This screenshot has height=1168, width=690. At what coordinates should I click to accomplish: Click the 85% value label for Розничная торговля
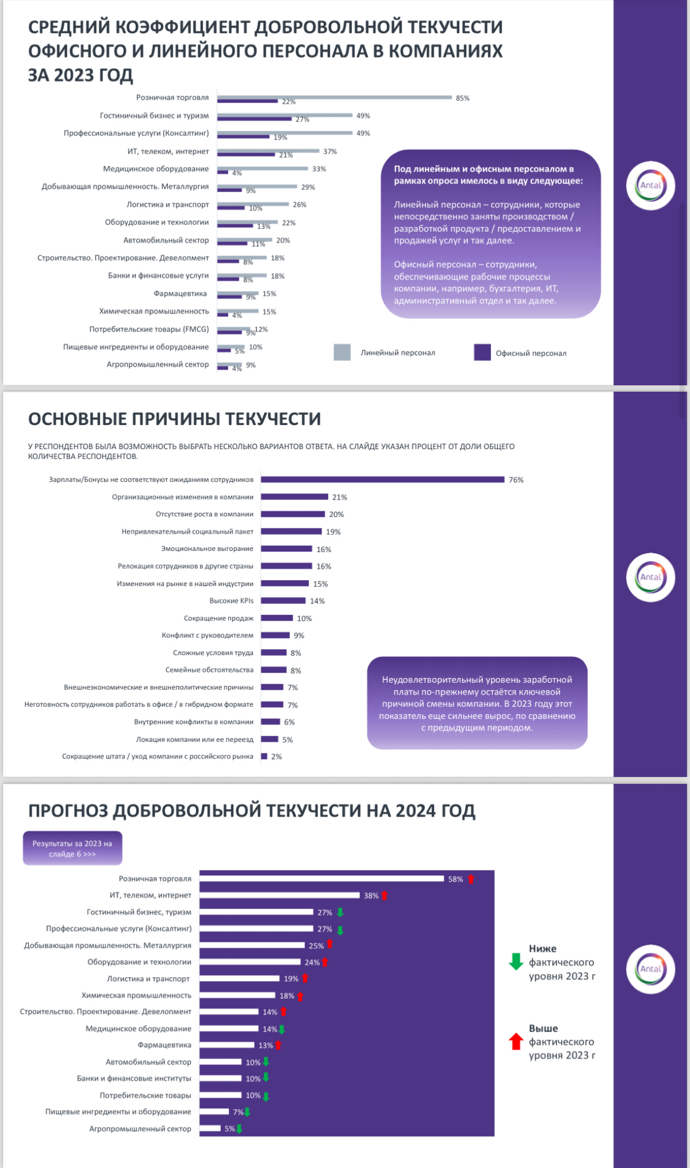click(x=462, y=98)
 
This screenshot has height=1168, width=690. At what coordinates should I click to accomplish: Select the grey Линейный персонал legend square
click(x=342, y=352)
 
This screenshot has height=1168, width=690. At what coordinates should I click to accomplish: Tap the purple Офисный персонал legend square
click(x=482, y=352)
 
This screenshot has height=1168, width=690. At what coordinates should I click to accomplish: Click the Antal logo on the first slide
click(x=650, y=185)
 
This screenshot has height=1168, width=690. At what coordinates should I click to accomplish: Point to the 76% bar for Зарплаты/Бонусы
click(x=382, y=480)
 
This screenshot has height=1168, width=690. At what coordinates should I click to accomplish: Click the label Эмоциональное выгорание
click(x=207, y=549)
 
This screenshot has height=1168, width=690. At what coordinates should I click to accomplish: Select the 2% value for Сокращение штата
click(x=277, y=757)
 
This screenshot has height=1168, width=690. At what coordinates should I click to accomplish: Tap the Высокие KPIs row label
click(x=231, y=601)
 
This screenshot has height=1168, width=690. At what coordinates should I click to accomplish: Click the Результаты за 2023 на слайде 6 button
click(x=72, y=848)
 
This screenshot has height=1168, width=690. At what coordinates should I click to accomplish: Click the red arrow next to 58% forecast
click(x=471, y=879)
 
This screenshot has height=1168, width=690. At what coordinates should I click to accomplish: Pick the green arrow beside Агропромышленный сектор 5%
click(x=240, y=1128)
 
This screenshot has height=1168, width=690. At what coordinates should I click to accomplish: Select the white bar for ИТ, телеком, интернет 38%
click(x=279, y=895)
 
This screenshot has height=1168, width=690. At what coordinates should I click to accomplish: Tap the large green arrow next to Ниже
click(x=516, y=962)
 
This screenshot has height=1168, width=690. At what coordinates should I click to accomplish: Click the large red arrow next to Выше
click(x=516, y=1041)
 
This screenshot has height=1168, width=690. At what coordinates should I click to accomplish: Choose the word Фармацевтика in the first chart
click(x=180, y=294)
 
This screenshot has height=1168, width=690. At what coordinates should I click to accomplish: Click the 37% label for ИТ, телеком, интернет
click(x=330, y=152)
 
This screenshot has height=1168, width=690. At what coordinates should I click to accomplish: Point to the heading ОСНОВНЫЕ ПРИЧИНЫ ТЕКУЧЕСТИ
click(x=174, y=419)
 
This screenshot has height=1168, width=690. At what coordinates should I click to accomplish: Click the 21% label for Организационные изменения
click(x=339, y=497)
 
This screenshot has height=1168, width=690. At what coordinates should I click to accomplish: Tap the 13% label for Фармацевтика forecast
click(x=266, y=1046)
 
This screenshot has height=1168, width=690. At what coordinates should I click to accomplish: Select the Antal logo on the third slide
click(x=650, y=968)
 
